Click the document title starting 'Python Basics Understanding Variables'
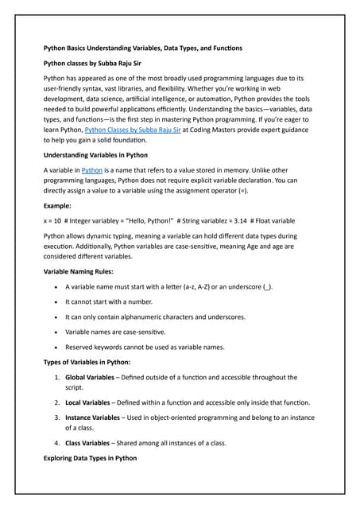click(142, 48)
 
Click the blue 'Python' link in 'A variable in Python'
click(92, 170)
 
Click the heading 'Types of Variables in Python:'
click(96, 362)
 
